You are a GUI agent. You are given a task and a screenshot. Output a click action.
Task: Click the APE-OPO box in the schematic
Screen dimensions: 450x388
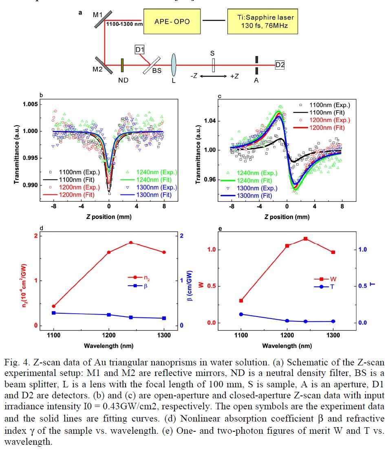[x=172, y=21]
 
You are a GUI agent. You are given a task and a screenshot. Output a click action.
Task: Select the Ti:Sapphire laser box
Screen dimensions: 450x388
[x=262, y=21]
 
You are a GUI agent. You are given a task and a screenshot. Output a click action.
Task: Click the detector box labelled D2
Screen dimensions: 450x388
[x=280, y=64]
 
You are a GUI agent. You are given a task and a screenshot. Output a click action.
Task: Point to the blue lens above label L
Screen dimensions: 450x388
[x=174, y=65]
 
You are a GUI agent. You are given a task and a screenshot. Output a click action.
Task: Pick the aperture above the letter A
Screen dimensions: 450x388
[x=257, y=64]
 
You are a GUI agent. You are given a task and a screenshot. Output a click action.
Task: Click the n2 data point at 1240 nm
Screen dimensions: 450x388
[x=131, y=243]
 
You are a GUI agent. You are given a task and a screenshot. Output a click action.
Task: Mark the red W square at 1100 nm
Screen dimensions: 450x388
[x=241, y=301]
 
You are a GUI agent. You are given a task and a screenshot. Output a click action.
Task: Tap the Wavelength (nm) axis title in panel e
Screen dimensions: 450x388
[x=287, y=346]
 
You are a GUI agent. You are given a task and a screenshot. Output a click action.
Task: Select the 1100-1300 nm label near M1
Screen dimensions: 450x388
[x=124, y=24]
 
